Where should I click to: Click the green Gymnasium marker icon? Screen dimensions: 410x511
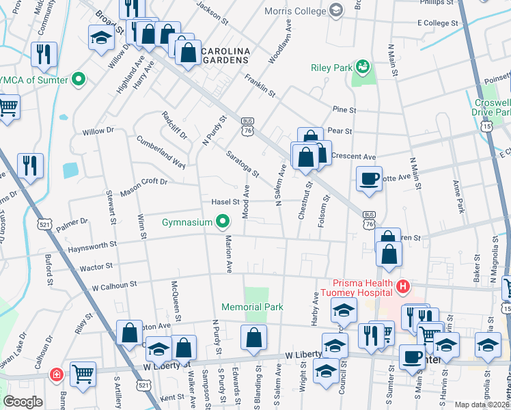(x=222, y=221)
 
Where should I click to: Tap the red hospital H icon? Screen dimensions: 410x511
(x=403, y=285)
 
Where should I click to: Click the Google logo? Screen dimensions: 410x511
(x=23, y=401)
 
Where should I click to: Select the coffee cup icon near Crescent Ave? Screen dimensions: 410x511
(x=370, y=179)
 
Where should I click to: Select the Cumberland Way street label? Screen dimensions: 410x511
(x=161, y=152)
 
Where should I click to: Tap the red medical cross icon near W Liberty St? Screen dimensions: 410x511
(x=56, y=374)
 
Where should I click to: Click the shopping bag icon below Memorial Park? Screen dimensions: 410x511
(x=253, y=338)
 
